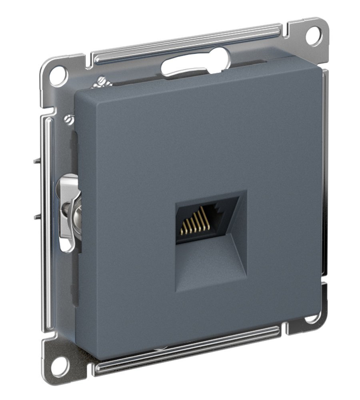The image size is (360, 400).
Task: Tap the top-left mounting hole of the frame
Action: [58, 75]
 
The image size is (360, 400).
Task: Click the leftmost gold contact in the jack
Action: [182, 231]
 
